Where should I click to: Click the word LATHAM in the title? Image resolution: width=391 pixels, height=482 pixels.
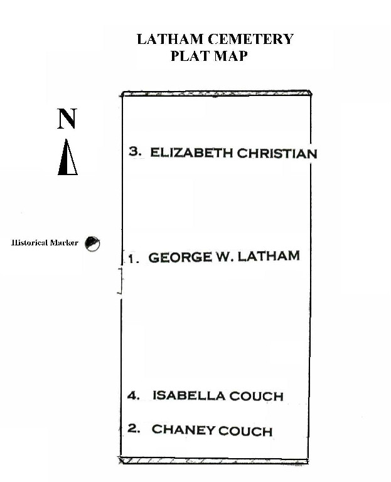(x=170, y=40)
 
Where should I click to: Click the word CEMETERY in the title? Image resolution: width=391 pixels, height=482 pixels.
(x=250, y=40)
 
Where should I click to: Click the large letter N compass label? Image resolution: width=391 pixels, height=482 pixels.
(x=67, y=119)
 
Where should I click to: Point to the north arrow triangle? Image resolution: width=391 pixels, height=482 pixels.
(x=68, y=158)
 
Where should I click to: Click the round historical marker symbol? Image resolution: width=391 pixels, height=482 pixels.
(x=92, y=244)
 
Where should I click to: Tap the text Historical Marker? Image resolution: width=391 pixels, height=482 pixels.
(x=45, y=243)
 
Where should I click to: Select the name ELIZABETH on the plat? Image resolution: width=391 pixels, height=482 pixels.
(x=191, y=153)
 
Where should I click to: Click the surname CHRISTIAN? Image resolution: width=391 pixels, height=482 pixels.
(x=277, y=153)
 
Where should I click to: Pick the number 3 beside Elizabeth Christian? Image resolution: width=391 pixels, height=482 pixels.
(x=135, y=151)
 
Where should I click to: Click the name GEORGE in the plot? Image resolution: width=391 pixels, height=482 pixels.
(x=180, y=257)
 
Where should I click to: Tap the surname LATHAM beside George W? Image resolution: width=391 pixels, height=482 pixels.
(x=269, y=256)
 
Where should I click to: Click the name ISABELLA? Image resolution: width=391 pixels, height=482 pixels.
(x=188, y=395)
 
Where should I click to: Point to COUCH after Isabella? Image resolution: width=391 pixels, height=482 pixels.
(x=256, y=396)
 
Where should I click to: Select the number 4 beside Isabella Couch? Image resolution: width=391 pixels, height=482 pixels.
(x=134, y=395)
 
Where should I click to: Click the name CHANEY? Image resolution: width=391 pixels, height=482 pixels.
(x=183, y=429)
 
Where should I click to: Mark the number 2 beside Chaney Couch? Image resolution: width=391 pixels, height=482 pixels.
(x=134, y=428)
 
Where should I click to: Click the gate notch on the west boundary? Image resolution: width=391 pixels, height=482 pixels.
(x=121, y=281)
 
